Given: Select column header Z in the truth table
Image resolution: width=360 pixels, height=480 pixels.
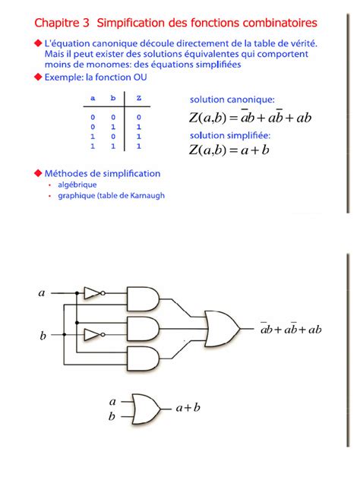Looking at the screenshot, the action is [x=138, y=99].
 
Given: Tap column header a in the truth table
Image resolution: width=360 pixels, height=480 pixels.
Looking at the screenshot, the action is [x=93, y=99].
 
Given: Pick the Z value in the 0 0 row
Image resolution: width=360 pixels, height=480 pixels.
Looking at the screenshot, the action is [x=138, y=118].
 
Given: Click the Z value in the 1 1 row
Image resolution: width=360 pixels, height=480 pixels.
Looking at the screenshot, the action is [x=138, y=145].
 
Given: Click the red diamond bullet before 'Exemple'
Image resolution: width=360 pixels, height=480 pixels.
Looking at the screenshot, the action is [x=37, y=77].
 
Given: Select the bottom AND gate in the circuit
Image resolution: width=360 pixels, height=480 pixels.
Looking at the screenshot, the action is [x=143, y=360].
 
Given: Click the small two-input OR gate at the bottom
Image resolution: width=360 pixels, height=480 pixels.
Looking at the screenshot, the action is [x=145, y=408].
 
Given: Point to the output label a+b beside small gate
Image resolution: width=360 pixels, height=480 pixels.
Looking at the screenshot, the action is [x=188, y=408].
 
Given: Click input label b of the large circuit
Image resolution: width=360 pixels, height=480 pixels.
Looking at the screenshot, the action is [x=43, y=335].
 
